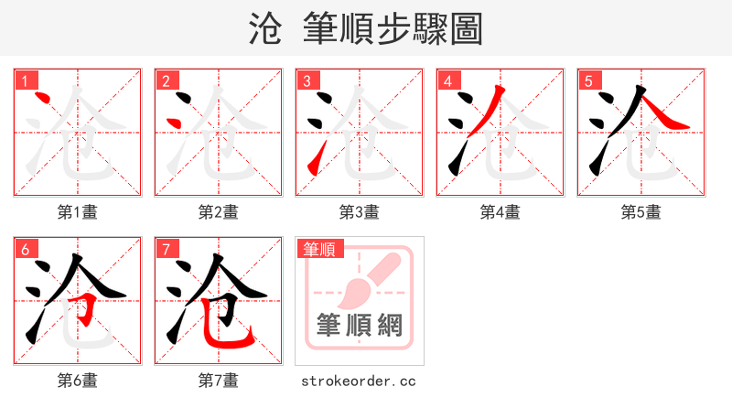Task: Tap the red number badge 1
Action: (x=23, y=81)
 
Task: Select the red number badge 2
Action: (x=165, y=81)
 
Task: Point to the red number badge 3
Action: (x=306, y=81)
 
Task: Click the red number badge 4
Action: (x=447, y=81)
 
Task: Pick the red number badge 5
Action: (x=587, y=81)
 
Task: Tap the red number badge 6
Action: (x=23, y=249)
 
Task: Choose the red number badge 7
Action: (x=165, y=249)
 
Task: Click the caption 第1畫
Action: (x=77, y=212)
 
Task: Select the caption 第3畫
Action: (x=359, y=212)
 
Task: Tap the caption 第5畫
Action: (x=640, y=212)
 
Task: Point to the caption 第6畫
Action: (x=77, y=381)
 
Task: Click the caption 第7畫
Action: (x=218, y=381)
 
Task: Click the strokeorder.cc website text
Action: (x=359, y=381)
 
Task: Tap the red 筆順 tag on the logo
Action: (x=318, y=249)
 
